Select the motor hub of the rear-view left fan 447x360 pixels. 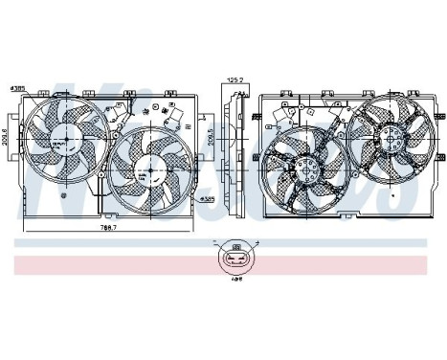[303, 171]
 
